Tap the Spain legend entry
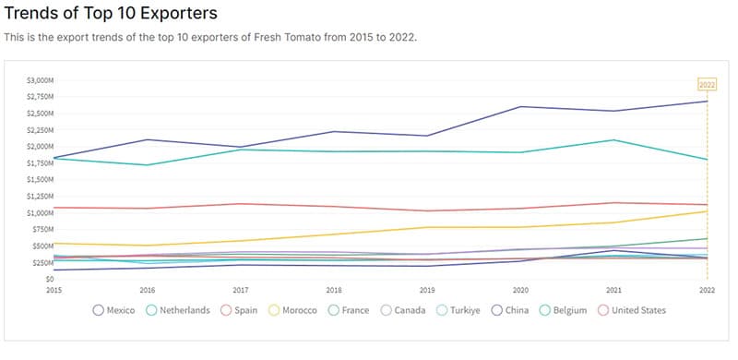pyautogui.click(x=242, y=310)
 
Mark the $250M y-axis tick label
pyautogui.click(x=44, y=262)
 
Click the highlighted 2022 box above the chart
pyautogui.click(x=707, y=85)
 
